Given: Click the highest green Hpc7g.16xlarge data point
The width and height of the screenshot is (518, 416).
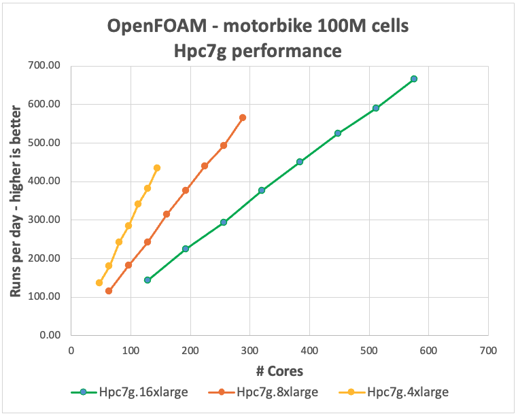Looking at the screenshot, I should pos(413,79).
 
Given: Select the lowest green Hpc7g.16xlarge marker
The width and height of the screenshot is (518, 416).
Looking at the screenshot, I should pos(148,280).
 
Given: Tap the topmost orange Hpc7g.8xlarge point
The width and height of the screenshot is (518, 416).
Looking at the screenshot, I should pos(243,118).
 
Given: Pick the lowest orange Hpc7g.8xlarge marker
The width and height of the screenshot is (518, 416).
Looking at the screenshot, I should pos(109,291).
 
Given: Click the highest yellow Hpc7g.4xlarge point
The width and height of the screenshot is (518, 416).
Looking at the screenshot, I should pos(157,168).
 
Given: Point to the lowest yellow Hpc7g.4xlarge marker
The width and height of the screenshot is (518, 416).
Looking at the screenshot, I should pos(99,283).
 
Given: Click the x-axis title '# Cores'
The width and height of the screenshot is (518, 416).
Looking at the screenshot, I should pos(279,371).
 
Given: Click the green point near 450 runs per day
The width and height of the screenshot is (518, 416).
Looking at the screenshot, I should pos(299,162).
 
